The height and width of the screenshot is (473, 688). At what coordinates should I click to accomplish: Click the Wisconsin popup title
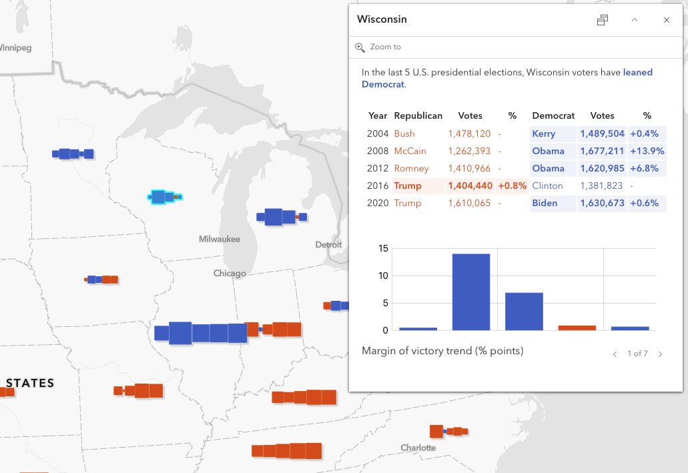click(x=382, y=19)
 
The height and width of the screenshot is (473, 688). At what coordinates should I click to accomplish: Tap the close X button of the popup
click(x=666, y=20)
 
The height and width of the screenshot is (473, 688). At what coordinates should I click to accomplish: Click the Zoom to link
click(x=385, y=47)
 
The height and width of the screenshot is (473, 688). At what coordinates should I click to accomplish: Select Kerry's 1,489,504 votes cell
click(x=602, y=133)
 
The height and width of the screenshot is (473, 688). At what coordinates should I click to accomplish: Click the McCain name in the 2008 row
click(x=410, y=151)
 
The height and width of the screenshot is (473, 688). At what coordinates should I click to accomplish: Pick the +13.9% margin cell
click(x=647, y=151)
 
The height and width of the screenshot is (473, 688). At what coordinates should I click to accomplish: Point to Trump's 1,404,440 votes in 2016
click(x=470, y=185)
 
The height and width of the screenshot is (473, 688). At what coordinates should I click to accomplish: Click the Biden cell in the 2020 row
click(x=545, y=203)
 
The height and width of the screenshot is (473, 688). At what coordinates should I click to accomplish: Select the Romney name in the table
click(x=411, y=168)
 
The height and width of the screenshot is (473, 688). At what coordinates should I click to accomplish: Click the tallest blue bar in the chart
click(x=471, y=292)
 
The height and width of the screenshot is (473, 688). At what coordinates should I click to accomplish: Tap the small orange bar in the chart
click(x=577, y=328)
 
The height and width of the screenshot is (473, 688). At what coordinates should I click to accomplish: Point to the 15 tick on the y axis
click(x=382, y=248)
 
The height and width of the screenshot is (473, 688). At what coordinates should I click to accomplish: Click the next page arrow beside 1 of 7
click(x=660, y=354)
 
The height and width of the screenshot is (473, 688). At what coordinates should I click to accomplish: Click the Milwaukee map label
click(x=219, y=239)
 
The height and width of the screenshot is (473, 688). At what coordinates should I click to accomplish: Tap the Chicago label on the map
click(x=230, y=273)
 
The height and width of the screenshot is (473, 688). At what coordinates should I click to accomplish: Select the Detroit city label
click(x=328, y=245)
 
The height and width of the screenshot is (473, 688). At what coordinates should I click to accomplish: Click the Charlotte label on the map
click(x=418, y=448)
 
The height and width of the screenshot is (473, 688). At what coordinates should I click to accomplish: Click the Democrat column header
click(x=553, y=115)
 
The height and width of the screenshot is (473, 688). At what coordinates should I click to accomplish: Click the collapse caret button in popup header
click(x=635, y=20)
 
